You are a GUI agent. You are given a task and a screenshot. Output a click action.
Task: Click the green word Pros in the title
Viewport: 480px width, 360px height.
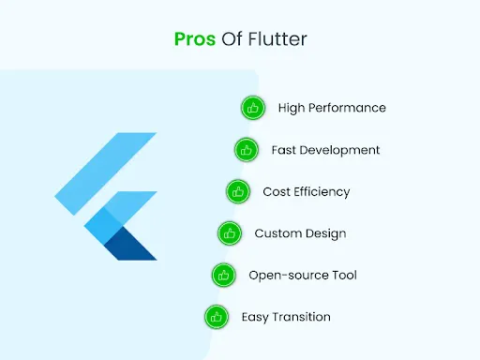pos(194,39)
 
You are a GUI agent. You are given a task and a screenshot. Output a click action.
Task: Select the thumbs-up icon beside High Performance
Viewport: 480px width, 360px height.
pos(252,108)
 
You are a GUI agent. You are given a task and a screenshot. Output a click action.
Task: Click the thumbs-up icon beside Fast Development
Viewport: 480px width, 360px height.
pos(246,149)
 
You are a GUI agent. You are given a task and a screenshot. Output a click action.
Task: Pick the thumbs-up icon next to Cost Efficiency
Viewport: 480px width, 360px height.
pos(238,191)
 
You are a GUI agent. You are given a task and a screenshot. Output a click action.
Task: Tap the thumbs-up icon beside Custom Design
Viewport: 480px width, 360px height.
pos(231,233)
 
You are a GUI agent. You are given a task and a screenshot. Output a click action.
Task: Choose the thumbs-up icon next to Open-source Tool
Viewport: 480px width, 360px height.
pos(223,275)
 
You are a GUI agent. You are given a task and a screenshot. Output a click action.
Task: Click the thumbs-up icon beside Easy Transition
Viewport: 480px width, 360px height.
pos(216,317)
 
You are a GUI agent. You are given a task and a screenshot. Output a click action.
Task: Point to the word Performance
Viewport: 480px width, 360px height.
pos(348,108)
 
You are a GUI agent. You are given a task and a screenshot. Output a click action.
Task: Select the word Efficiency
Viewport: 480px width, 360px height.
pos(320,191)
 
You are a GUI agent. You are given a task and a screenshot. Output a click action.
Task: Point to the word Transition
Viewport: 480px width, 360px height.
pos(301,317)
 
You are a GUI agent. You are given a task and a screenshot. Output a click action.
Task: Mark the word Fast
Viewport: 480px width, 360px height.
pos(283,150)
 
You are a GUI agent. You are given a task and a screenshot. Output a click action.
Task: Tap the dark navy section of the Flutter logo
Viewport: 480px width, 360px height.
pos(131,246)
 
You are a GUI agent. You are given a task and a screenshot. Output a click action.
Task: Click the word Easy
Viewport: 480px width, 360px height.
pos(254,317)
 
